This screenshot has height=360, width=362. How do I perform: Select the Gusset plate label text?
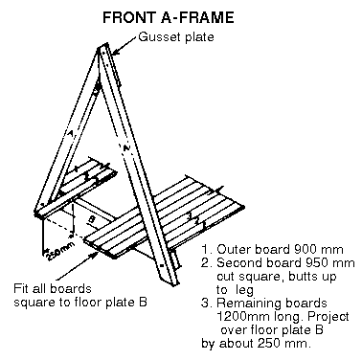(x=176, y=37)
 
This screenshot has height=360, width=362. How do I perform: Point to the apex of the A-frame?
(x=102, y=47)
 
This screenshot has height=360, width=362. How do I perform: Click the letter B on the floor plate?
(x=91, y=219)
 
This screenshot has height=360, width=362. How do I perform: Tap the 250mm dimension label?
(x=61, y=251)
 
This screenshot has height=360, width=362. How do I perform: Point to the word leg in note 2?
(x=244, y=290)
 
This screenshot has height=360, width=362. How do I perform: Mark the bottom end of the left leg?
(x=39, y=214)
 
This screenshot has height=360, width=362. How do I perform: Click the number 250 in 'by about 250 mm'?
(x=268, y=344)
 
